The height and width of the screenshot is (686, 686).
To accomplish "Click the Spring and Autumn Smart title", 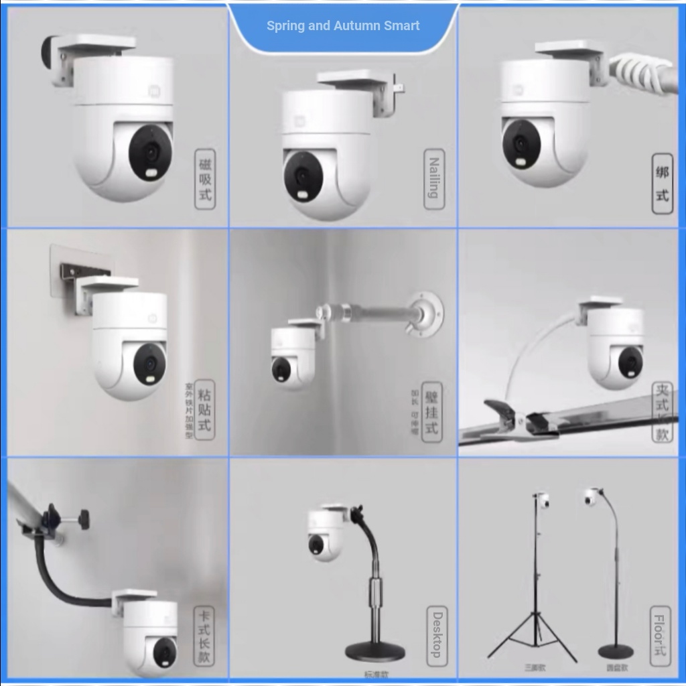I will [x=343, y=26].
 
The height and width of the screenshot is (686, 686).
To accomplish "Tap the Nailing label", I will [x=434, y=178].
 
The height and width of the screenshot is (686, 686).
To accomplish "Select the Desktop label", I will [x=437, y=634].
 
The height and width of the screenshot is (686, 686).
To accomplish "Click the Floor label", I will [x=661, y=634].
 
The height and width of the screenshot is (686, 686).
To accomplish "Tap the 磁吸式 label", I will [x=205, y=179].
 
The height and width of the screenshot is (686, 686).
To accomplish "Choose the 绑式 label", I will [x=662, y=184].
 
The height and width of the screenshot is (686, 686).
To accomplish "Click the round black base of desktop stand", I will [x=374, y=651].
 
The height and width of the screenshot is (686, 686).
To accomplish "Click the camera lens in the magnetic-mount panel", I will [x=150, y=152].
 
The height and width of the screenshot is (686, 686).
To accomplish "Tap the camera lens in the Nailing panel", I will [x=303, y=176].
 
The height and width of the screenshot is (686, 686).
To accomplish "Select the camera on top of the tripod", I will [x=543, y=501].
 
